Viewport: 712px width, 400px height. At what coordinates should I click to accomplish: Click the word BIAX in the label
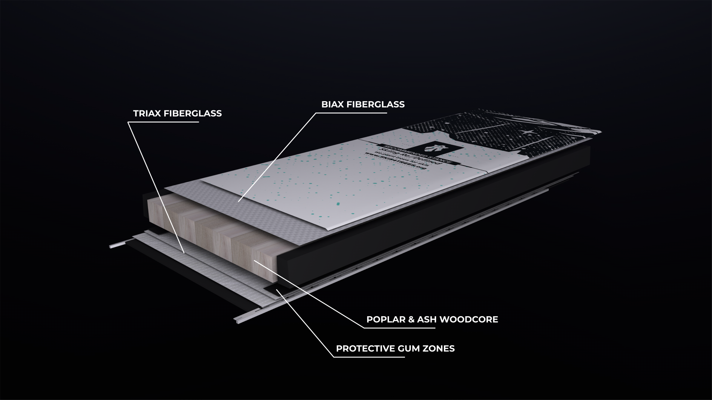(x=333, y=104)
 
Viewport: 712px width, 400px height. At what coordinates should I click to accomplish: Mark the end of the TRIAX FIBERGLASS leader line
(x=184, y=253)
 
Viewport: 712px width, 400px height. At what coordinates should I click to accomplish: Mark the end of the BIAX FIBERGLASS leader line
(x=238, y=201)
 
